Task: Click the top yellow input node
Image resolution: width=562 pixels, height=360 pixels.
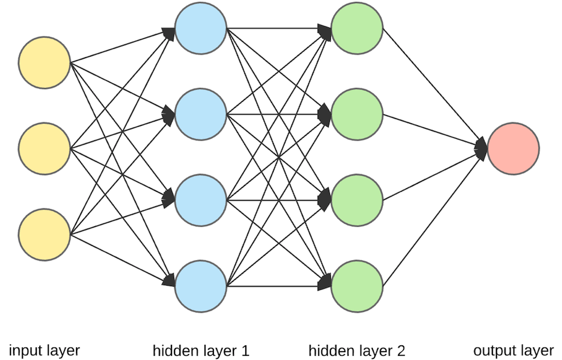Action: [44, 62]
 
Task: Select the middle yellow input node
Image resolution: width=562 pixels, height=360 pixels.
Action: [44, 148]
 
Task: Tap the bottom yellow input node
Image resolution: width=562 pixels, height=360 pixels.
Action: [44, 234]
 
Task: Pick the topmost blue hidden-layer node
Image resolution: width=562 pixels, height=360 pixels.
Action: [201, 28]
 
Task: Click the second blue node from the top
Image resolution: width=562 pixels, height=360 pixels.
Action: [201, 114]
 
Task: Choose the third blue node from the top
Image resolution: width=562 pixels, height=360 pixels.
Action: [201, 200]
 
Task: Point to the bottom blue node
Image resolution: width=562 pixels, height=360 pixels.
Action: [201, 286]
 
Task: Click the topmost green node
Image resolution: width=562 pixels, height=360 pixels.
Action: [357, 28]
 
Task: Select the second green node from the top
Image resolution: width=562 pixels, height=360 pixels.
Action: [357, 114]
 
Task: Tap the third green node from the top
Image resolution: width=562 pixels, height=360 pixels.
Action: [357, 200]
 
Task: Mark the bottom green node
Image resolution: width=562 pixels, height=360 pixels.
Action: [357, 286]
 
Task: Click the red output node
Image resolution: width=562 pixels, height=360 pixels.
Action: [513, 148]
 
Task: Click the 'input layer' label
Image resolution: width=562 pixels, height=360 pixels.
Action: [44, 350]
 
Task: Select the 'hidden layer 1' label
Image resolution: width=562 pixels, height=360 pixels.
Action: [201, 350]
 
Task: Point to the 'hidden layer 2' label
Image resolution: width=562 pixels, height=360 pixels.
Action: [357, 350]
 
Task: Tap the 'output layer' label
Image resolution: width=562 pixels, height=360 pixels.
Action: [513, 350]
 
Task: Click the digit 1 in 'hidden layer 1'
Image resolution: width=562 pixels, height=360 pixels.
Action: [245, 350]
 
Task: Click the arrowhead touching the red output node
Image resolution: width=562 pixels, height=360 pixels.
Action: [481, 148]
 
